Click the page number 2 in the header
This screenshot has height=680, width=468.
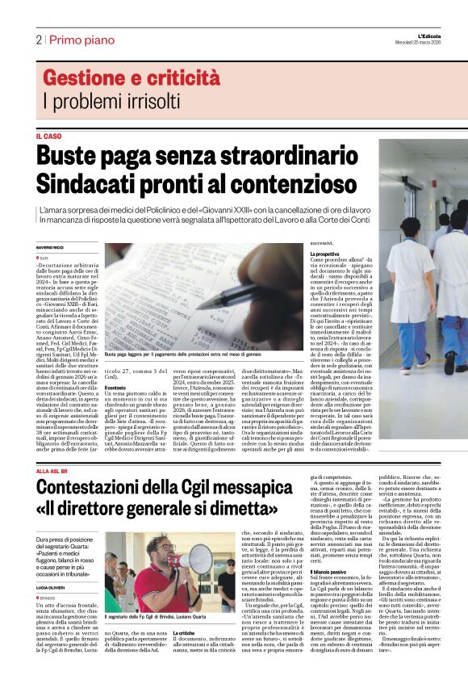(39, 39)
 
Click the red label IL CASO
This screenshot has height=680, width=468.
(48, 136)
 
